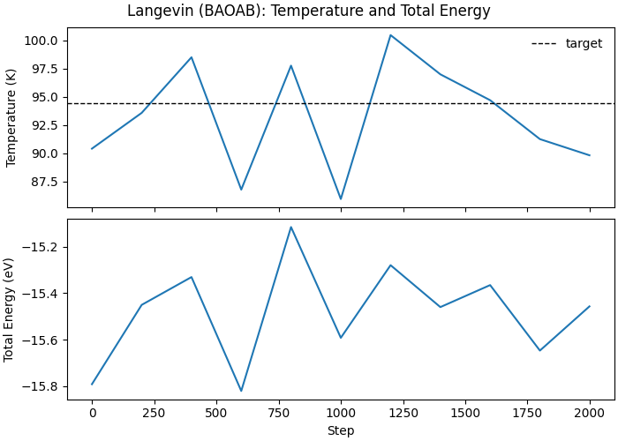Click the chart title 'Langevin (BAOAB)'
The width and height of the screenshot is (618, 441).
(308, 11)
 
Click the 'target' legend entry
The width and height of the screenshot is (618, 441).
(584, 43)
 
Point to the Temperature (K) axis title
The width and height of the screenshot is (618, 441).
(11, 118)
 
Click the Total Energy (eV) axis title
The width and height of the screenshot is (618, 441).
(9, 310)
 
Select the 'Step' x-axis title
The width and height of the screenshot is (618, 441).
(341, 430)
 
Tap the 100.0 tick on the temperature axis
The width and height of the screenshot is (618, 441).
(42, 41)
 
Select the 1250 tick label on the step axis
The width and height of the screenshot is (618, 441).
(403, 414)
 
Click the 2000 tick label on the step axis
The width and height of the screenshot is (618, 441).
(590, 414)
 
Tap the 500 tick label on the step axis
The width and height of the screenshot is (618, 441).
(216, 414)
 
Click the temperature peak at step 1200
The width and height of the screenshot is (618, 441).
(390, 35)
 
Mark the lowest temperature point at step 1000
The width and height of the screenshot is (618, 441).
(341, 199)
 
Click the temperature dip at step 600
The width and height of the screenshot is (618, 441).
(241, 190)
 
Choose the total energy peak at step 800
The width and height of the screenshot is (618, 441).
(290, 227)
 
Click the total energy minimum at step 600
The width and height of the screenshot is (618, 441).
(241, 391)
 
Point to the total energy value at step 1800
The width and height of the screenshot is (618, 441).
(539, 350)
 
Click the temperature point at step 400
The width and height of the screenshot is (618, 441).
(192, 57)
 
